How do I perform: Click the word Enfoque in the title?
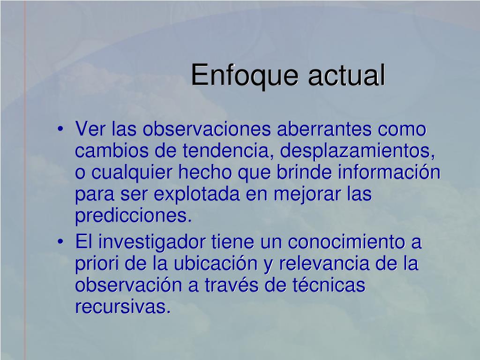pyautogui.click(x=245, y=76)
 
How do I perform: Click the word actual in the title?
pyautogui.click(x=346, y=75)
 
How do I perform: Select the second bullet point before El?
pyautogui.click(x=60, y=242)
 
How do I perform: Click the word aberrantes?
pyautogui.click(x=324, y=129)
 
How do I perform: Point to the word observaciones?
pyautogui.click(x=207, y=129)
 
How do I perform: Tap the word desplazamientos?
pyautogui.click(x=357, y=151)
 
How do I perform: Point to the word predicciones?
pyautogui.click(x=134, y=216)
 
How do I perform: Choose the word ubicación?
pyautogui.click(x=216, y=264)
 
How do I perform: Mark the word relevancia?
pyautogui.click(x=324, y=264)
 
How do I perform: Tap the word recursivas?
pyautogui.click(x=123, y=307)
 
